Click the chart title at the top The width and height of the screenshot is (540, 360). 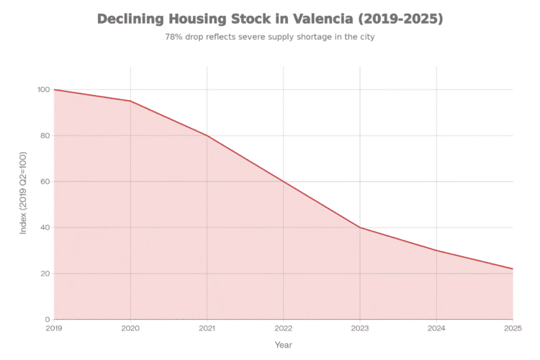[x=270, y=19]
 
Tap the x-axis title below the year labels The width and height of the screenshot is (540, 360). [x=284, y=346]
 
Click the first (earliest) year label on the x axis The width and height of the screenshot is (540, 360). [x=54, y=328]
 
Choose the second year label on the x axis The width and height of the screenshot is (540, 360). [x=130, y=328]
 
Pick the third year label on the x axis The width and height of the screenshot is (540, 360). [x=207, y=328]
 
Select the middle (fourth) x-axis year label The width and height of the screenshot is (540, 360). [x=284, y=328]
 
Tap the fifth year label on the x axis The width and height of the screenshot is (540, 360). [x=360, y=328]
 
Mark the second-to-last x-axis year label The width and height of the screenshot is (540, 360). [x=436, y=328]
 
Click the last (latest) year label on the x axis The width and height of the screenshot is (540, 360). [x=513, y=328]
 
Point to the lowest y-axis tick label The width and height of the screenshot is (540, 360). [x=45, y=319]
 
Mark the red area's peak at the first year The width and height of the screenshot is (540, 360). [x=55, y=89]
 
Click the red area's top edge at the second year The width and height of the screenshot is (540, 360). [x=130, y=100]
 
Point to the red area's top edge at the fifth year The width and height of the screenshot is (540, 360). [x=360, y=228]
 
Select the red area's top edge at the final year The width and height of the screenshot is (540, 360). [x=513, y=270]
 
